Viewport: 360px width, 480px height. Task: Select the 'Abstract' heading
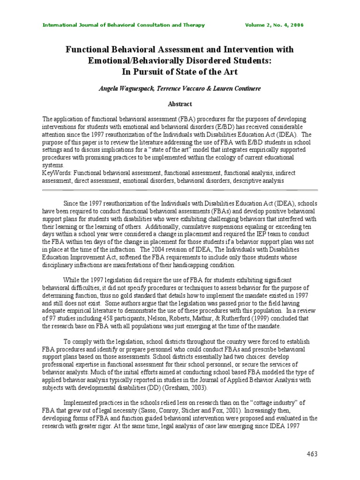pos(180,104)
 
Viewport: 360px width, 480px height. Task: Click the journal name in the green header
pos(124,25)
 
